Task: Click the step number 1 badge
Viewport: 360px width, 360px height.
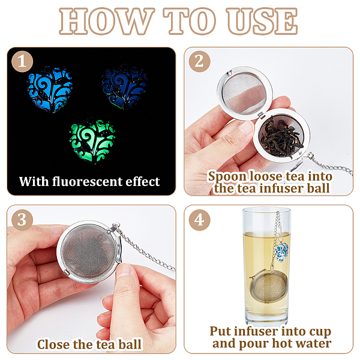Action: [x=22, y=61]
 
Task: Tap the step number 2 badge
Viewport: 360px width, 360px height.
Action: [x=200, y=61]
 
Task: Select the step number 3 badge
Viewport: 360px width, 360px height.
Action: [x=22, y=220]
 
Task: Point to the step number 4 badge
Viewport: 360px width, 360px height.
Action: [x=200, y=220]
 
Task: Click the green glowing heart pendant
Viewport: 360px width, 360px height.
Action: [x=92, y=140]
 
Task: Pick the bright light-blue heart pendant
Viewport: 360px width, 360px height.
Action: [x=50, y=89]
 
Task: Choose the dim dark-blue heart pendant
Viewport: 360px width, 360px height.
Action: [x=124, y=87]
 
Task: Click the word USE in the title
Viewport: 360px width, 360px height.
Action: [x=262, y=21]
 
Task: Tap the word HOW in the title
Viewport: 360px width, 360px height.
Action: [x=107, y=21]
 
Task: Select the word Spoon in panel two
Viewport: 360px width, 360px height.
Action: [x=228, y=177]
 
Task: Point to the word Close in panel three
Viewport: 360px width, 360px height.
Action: [x=53, y=344]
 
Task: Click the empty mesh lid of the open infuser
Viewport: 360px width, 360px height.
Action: [x=245, y=96]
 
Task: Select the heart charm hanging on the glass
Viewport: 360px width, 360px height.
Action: [x=282, y=253]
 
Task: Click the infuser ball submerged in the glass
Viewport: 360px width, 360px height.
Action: [x=269, y=286]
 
